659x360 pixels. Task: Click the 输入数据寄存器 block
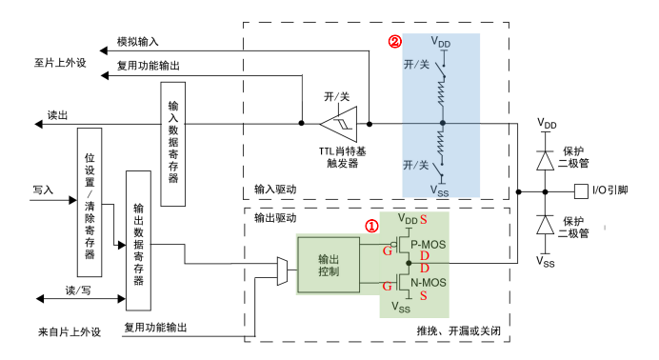pyautogui.click(x=173, y=143)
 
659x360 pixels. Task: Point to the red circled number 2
pyautogui.click(x=393, y=43)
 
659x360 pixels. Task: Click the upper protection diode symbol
pyautogui.click(x=546, y=158)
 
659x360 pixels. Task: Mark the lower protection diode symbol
pyautogui.click(x=546, y=226)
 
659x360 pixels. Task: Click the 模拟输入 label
pyautogui.click(x=138, y=43)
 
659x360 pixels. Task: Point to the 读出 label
pyautogui.click(x=58, y=114)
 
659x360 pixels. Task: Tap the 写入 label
pyautogui.click(x=43, y=190)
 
